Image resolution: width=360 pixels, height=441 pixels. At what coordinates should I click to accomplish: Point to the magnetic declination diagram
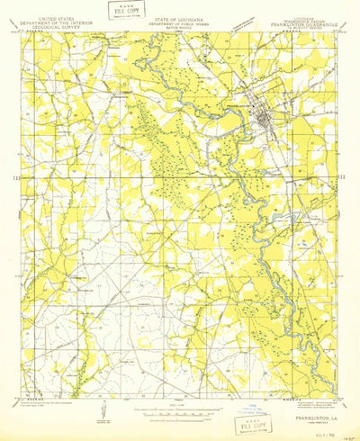[x=105, y=413]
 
